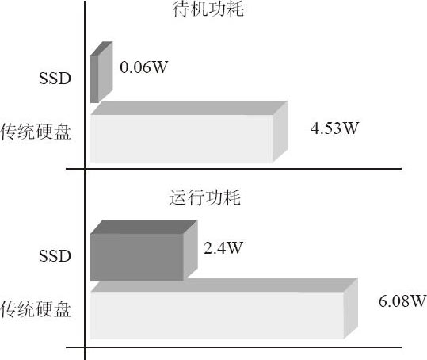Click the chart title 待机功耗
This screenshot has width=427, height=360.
tap(208, 9)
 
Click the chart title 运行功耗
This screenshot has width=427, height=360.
tap(204, 197)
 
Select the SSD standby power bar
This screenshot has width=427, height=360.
tap(101, 72)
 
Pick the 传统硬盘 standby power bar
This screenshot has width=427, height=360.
tap(189, 132)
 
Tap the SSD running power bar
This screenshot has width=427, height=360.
tap(144, 251)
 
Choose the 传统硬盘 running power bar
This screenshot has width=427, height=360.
tap(224, 308)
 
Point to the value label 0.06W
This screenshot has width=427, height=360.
tap(144, 67)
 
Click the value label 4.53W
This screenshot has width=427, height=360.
tap(334, 128)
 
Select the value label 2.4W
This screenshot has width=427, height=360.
tap(223, 247)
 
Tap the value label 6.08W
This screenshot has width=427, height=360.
tap(402, 301)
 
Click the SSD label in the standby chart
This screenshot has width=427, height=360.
tap(55, 79)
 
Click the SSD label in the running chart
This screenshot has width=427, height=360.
tap(55, 255)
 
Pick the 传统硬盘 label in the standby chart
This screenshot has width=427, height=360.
tap(36, 132)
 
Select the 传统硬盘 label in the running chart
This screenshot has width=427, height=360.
tap(36, 309)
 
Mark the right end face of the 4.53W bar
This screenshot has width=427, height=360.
tap(280, 132)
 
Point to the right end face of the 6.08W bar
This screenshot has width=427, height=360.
tap(351, 308)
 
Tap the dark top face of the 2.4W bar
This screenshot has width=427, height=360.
tap(144, 227)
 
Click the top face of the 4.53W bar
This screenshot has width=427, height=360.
tap(189, 108)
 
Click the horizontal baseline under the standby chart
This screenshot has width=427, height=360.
tap(234, 169)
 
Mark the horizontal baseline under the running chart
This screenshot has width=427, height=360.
tap(234, 347)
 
